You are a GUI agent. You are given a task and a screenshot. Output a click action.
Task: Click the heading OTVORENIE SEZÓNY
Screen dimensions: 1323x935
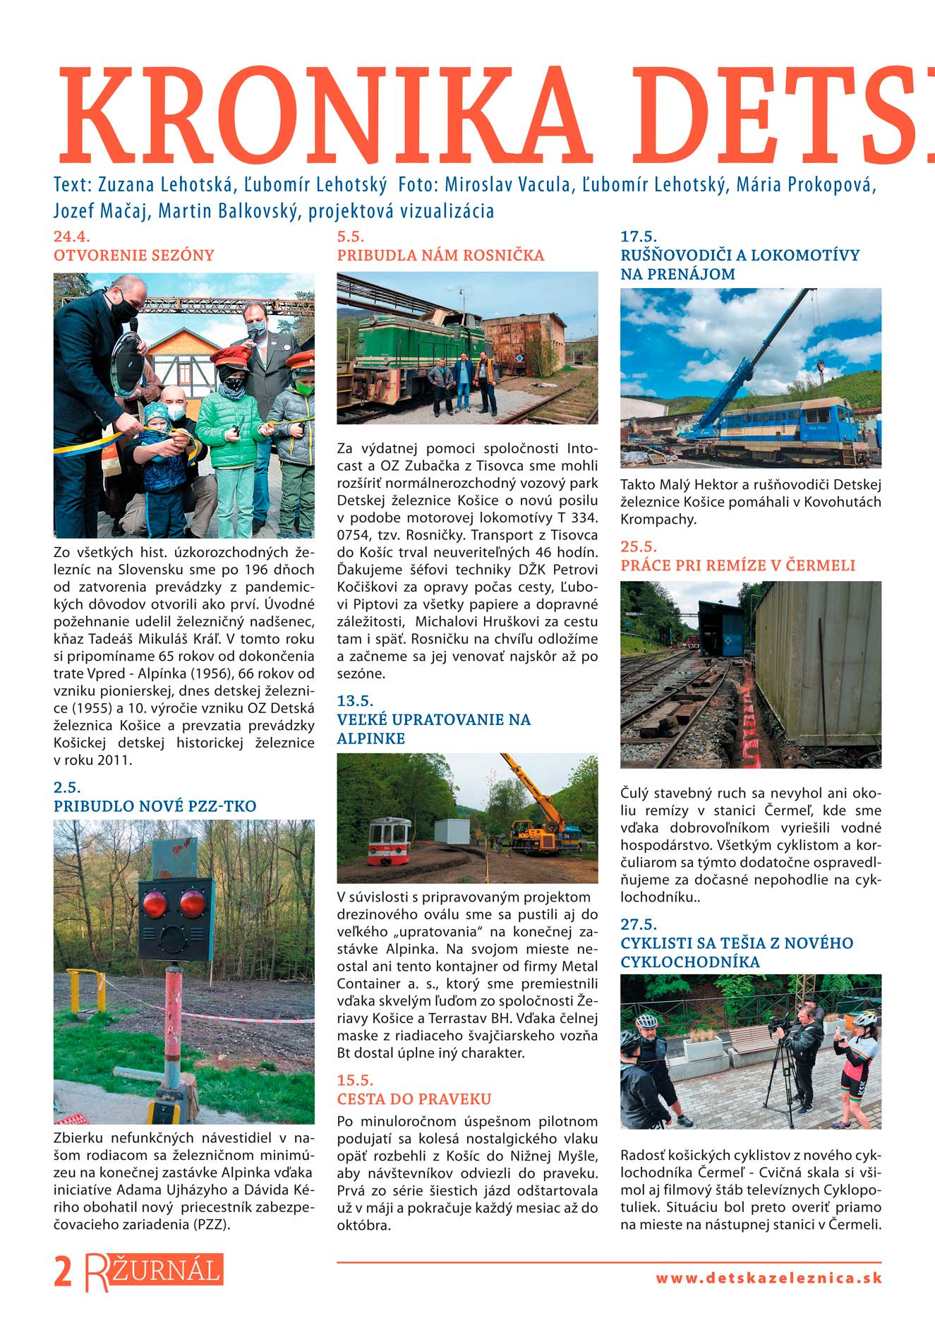(134, 256)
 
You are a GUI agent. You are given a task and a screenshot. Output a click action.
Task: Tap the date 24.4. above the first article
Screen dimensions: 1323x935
(72, 237)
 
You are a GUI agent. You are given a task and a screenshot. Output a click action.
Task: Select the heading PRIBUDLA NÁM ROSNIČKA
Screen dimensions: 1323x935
(440, 256)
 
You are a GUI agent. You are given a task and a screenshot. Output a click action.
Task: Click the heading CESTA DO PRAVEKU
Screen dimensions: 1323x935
(414, 1099)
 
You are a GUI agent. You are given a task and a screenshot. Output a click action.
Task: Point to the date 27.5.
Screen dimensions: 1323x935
(639, 924)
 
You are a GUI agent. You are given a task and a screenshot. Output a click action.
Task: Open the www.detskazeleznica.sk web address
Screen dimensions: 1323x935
(768, 1279)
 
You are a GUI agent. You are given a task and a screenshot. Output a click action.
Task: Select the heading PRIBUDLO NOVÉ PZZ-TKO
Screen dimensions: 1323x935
(155, 806)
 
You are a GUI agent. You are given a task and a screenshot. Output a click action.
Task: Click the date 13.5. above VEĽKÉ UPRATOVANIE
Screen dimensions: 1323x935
(355, 701)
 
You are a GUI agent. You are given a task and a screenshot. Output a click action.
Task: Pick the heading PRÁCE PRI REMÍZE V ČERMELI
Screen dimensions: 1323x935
(737, 565)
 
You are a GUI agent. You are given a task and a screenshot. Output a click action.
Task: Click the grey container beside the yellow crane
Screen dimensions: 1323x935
(452, 832)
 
